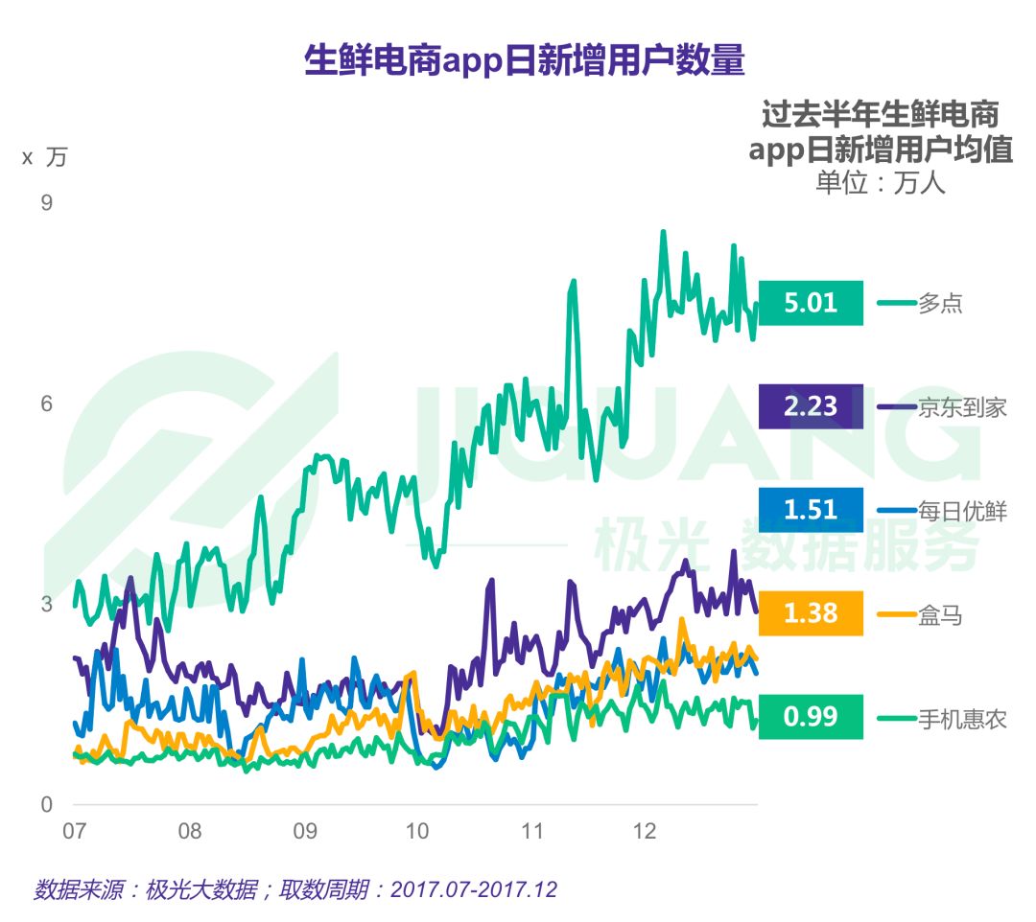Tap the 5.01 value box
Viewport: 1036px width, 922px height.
tap(811, 303)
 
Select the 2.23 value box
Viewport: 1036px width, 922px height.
tap(811, 406)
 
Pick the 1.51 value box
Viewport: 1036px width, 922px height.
tap(811, 510)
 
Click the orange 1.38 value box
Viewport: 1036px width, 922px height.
tap(811, 613)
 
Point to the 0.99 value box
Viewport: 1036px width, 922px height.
tap(811, 717)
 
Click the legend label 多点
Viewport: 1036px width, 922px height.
tap(940, 304)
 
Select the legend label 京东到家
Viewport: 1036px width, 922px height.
tap(962, 407)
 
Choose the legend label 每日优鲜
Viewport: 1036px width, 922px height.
tap(962, 511)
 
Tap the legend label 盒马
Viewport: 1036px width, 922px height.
tap(940, 614)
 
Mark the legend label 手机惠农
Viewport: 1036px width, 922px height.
tap(962, 718)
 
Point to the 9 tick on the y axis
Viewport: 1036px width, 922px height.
tap(46, 203)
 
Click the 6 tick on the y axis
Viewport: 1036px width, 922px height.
tap(46, 403)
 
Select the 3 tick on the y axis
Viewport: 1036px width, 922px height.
tap(46, 604)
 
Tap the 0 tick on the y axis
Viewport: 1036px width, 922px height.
tap(46, 804)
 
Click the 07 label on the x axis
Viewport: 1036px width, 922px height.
tap(75, 830)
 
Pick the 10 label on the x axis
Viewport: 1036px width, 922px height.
tap(417, 830)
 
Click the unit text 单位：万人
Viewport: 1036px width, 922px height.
tap(880, 182)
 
